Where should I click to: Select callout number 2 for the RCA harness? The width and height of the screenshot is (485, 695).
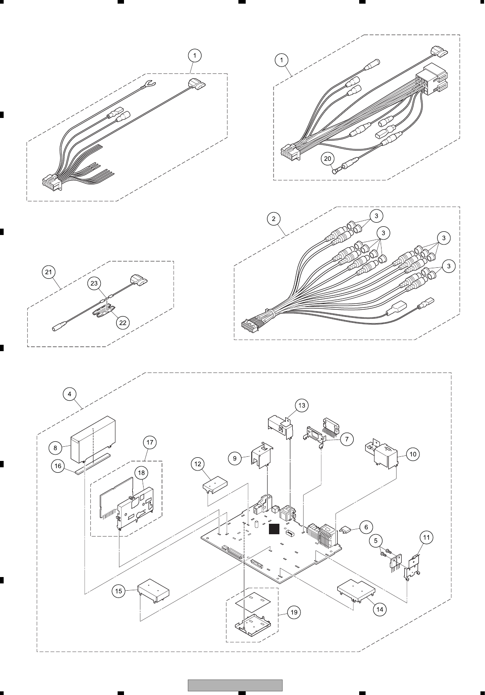click(273, 219)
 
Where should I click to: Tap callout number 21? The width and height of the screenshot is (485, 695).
click(48, 272)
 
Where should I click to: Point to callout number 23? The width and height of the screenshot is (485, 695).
click(94, 283)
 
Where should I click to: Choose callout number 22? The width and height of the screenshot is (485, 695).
click(123, 322)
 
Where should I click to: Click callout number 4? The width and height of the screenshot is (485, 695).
click(69, 394)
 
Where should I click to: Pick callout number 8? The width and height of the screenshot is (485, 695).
click(55, 448)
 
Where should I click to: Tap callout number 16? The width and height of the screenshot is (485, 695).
click(58, 467)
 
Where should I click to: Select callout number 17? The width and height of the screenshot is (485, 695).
click(150, 442)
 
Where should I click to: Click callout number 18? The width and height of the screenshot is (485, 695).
click(141, 473)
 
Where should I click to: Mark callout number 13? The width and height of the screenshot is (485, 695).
click(301, 405)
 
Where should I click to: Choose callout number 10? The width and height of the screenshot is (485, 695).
click(413, 454)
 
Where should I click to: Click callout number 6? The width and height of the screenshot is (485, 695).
click(366, 527)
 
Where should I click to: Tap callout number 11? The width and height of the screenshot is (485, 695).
click(426, 537)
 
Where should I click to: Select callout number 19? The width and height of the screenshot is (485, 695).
click(294, 612)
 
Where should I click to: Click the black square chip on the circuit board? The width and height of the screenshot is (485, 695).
click(274, 529)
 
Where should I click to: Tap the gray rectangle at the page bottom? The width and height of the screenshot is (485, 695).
click(235, 685)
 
